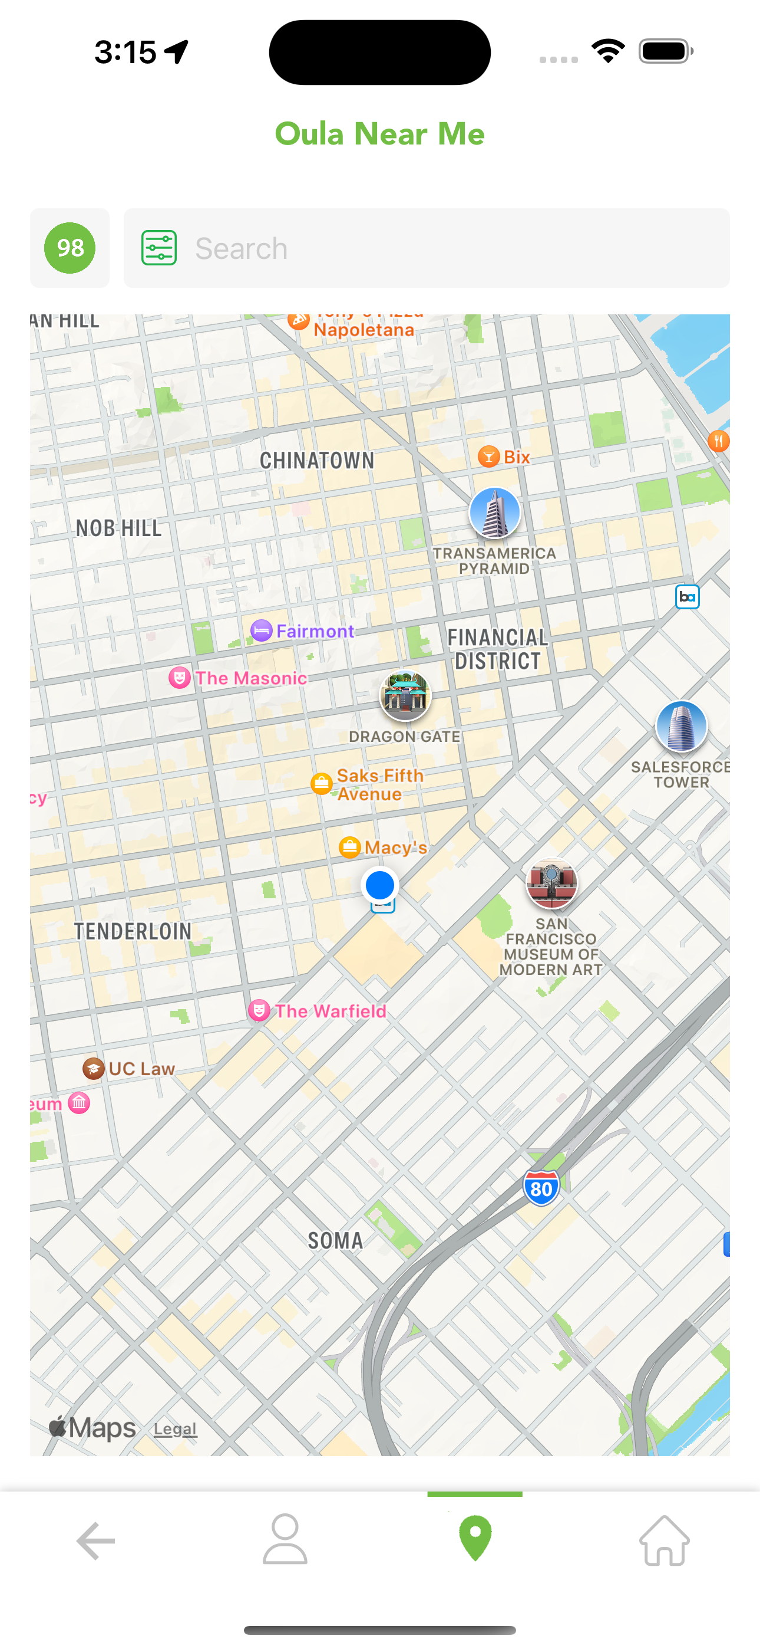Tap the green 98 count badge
[x=70, y=248]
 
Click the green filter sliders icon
[x=159, y=248]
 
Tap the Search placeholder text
[x=241, y=248]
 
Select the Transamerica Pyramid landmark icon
[x=494, y=513]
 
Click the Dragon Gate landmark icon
[x=405, y=695]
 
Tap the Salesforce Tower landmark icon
[x=681, y=726]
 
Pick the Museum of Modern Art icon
[x=551, y=883]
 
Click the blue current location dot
[x=380, y=885]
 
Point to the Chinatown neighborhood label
[x=317, y=460]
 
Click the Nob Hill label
[x=119, y=528]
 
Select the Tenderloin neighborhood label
[x=133, y=931]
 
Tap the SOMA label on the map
[x=335, y=1241]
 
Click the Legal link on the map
[x=174, y=1429]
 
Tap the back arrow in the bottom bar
[x=95, y=1540]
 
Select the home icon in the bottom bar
[x=664, y=1540]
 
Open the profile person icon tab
[x=285, y=1539]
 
